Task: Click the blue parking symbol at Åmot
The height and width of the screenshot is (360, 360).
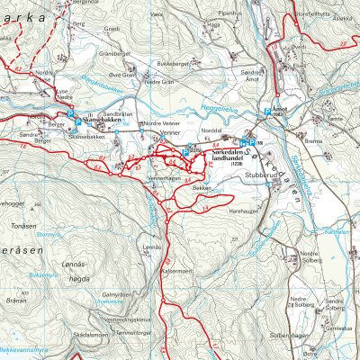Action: (x=266, y=112)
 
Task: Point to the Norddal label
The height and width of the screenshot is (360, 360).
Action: (x=212, y=128)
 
